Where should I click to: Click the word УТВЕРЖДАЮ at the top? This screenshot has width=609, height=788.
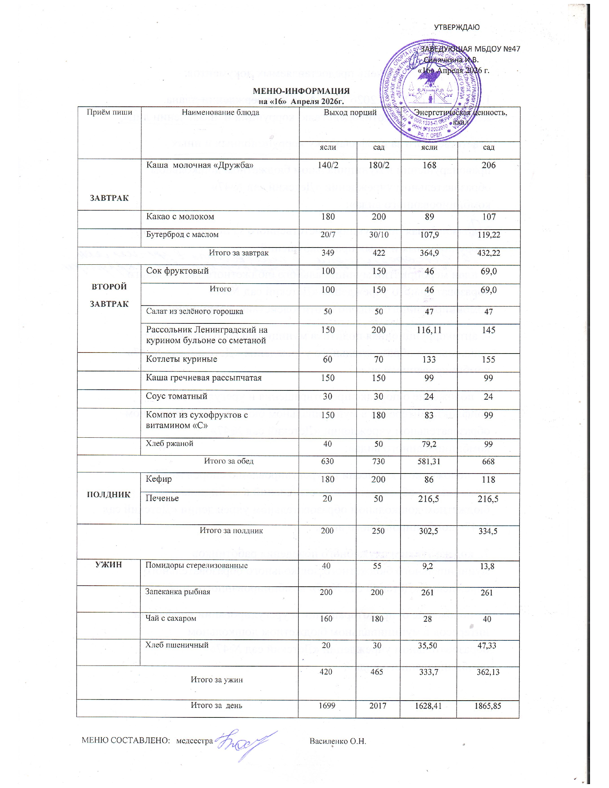456,28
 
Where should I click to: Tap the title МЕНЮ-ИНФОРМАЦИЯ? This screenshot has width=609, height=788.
301,91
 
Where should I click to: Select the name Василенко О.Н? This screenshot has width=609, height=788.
338,741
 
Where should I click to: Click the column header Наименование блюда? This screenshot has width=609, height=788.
220,112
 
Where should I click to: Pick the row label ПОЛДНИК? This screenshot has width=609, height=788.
109,495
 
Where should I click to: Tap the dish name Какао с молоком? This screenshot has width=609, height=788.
180,216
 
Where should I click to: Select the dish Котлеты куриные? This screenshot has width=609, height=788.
181,359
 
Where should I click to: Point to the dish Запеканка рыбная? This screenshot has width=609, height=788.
177,592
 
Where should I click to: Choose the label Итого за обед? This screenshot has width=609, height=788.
229,461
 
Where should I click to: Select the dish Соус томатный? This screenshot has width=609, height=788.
176,396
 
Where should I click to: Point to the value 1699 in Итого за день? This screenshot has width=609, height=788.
327,705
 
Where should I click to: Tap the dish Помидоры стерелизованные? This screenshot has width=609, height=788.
196,565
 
